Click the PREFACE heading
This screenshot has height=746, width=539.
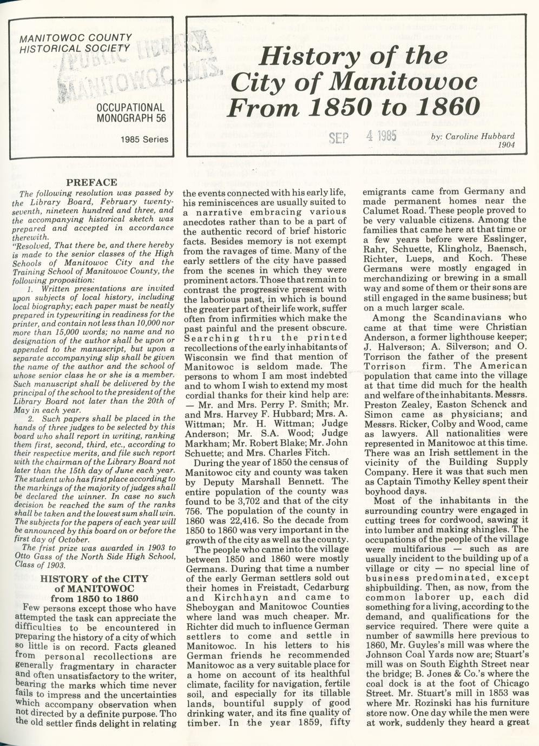click(x=91, y=182)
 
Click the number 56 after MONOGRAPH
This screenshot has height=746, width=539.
click(x=159, y=117)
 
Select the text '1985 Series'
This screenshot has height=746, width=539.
click(x=144, y=140)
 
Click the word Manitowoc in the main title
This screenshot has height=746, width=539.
click(x=404, y=82)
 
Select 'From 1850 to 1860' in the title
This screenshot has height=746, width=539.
click(x=353, y=108)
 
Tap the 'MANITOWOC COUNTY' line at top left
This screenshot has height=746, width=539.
click(x=75, y=38)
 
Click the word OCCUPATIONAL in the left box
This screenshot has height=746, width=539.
click(x=130, y=107)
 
